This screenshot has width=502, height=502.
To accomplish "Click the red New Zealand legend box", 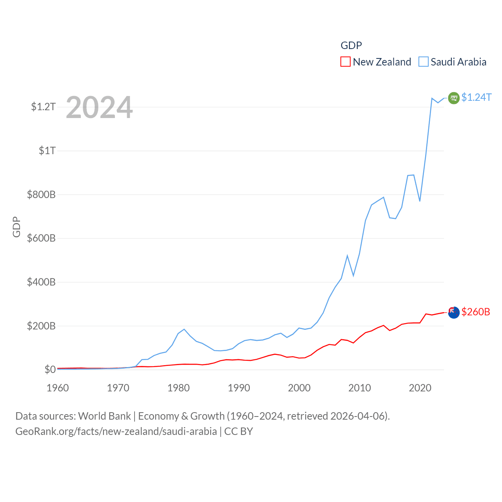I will coord(345,62).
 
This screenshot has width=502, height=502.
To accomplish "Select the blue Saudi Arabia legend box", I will coord(424,62).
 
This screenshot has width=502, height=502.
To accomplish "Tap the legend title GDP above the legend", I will coord(351,45).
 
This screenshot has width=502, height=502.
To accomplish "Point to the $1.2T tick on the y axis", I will coord(43,107).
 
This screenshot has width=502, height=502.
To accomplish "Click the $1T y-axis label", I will coord(47,151).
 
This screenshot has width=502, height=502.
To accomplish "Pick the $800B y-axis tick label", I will coord(41,195).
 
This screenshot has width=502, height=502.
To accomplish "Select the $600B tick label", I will coord(41,238).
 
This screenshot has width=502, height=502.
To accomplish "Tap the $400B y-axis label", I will coord(41,282).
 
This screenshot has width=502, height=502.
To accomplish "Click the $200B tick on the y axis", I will coord(41,326).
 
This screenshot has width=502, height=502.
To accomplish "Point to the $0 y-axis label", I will coord(50,369).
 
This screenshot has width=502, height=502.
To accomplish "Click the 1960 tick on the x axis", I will coord(58,388).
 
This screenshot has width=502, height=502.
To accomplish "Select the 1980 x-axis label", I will coord(178,388).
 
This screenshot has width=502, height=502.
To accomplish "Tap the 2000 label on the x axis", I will coord(299,388).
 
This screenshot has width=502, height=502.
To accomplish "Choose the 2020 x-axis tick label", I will coord(420,388).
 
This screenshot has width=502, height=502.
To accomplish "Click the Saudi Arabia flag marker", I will coord(454,98).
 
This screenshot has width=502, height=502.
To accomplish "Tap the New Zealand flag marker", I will coord(454,313).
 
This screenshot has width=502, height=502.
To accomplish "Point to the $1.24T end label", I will coord(476,97).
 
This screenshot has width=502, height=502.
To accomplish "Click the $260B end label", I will coord(476,312).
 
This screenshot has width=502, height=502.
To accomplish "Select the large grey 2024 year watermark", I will coord(99,107).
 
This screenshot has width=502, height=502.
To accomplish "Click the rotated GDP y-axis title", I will coord(16,227).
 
